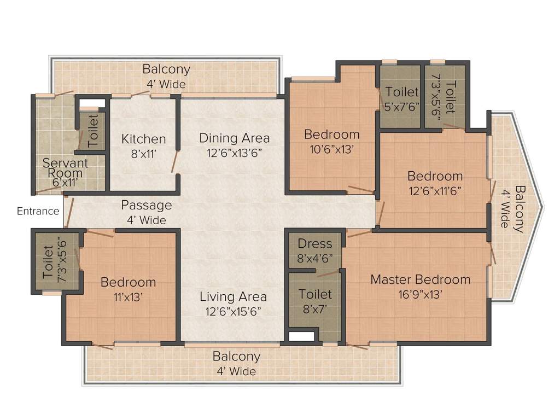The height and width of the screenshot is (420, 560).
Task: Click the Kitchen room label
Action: coord(143,139)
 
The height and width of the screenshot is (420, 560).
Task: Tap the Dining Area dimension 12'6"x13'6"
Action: coord(234,153)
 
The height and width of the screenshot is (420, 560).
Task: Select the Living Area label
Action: coord(233,297)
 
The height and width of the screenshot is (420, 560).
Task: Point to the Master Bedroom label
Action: coord(420,279)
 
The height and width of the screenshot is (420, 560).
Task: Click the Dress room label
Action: coord(315,244)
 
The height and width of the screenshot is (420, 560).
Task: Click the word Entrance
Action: coord(38,211)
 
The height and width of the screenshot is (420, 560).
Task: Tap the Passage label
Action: coord(146,205)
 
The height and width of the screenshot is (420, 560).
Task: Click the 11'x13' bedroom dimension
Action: coord(129,298)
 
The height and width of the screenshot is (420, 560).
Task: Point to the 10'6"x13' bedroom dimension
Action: coord(331,150)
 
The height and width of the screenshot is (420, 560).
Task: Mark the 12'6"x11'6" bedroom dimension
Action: coord(435,191)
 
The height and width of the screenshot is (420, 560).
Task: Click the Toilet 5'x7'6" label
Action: coord(402,92)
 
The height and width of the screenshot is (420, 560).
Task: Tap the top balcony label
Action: coord(166,69)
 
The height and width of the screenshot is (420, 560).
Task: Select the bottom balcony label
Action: coord(236,357)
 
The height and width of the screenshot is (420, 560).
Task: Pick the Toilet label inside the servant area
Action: coord(93,129)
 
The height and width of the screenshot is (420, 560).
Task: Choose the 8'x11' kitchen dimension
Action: coord(143,154)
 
